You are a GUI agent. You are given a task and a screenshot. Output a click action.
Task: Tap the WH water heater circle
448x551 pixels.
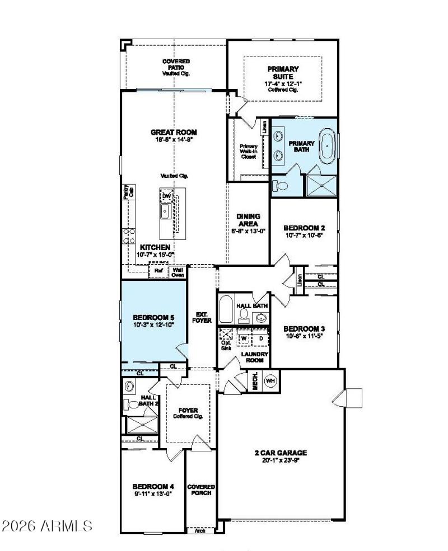270,380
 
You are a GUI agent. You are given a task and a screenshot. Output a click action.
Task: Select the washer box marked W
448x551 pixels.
244,338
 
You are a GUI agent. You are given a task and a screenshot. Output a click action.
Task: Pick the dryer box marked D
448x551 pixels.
260,338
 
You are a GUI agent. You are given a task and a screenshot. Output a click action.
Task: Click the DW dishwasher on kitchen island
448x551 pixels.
166,196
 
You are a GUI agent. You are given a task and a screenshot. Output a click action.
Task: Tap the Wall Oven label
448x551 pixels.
178,272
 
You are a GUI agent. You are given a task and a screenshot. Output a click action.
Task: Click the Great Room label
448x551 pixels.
174,133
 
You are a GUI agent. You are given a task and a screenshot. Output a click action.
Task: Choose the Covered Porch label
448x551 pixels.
201,490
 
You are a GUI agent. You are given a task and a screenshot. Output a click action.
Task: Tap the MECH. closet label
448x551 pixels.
254,380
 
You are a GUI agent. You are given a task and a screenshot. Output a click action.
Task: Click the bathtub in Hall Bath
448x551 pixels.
227,310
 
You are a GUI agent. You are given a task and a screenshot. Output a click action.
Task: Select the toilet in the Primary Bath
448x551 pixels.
280,186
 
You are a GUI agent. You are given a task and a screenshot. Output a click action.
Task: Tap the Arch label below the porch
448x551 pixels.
199,530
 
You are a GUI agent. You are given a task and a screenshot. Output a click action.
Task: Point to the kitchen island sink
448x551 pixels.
166,211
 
